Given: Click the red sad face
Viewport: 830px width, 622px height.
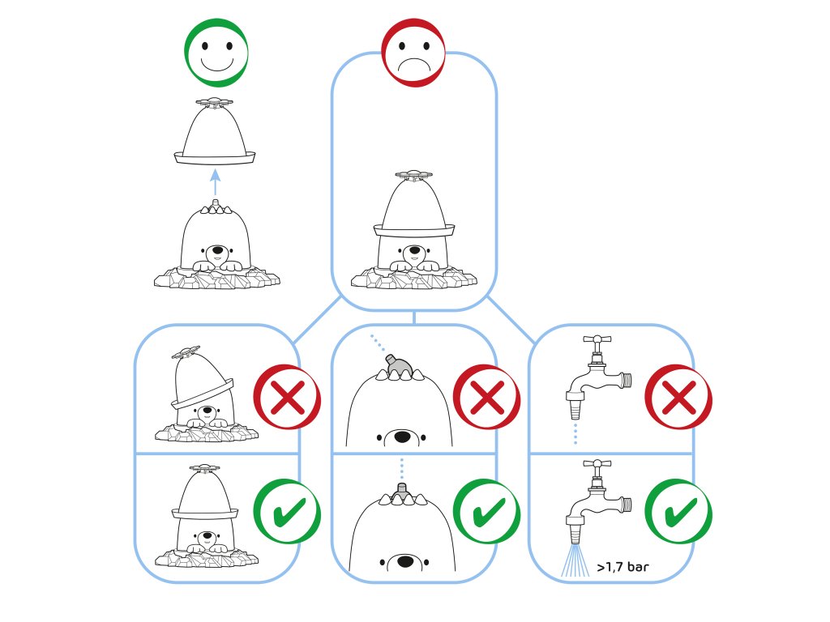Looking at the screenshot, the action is [x=413, y=53].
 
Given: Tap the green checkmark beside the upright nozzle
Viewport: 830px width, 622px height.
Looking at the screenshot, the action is [x=485, y=511].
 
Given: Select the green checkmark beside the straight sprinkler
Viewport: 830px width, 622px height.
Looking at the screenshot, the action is [x=287, y=511].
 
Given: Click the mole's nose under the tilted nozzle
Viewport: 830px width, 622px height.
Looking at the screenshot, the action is [x=401, y=437].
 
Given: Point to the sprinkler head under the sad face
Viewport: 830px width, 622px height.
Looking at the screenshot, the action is [x=413, y=174].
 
